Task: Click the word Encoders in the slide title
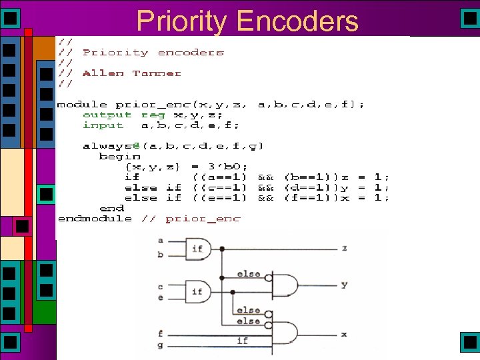tap(297, 21)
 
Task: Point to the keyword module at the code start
tap(82, 105)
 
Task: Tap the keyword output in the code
tap(107, 115)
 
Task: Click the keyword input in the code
tap(103, 125)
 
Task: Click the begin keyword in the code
tap(119, 156)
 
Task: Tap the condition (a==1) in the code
tap(219, 177)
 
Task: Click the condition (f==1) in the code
tap(313, 198)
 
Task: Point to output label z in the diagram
tap(344, 248)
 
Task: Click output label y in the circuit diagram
tap(344, 285)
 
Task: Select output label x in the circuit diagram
tap(344, 333)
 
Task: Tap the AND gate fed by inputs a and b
tap(199, 249)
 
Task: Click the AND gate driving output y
tap(284, 285)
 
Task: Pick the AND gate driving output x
tap(284, 332)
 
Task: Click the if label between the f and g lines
tap(242, 341)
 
